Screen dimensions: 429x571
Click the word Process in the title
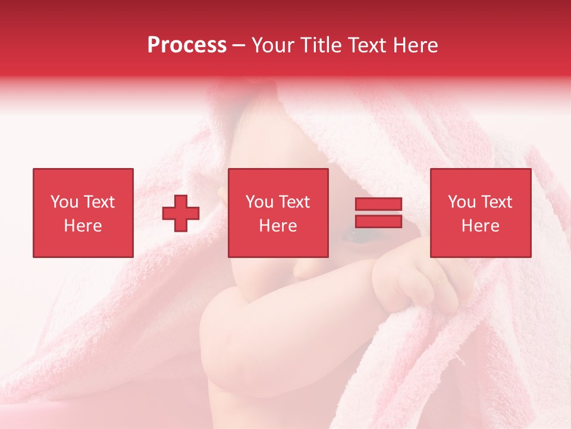click(x=187, y=45)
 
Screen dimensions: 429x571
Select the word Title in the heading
click(x=318, y=45)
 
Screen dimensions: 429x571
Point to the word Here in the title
click(x=416, y=45)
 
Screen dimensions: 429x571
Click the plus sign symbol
click(x=181, y=213)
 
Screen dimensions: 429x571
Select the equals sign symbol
click(x=378, y=213)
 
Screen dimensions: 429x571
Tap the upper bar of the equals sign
click(x=378, y=204)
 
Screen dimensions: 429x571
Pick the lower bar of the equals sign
click(x=378, y=221)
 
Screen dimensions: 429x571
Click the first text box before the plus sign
click(x=83, y=213)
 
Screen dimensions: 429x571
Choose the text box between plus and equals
click(x=278, y=213)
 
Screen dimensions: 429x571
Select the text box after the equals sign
click(x=481, y=213)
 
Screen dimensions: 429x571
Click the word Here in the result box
click(x=481, y=226)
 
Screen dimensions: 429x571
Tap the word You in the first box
click(x=64, y=202)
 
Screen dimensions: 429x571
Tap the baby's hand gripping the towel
click(x=416, y=283)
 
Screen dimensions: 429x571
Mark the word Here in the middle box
click(x=278, y=226)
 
